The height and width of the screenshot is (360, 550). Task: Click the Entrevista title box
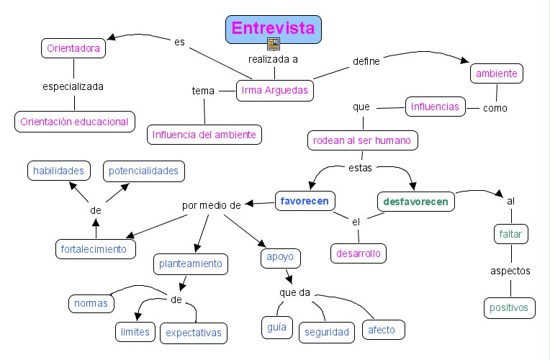(x=273, y=29)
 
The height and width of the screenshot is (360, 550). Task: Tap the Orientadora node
(x=73, y=48)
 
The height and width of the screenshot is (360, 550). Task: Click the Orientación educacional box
(x=75, y=121)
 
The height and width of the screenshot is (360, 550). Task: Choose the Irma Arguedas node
(x=275, y=91)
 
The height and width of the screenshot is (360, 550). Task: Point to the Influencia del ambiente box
(x=204, y=134)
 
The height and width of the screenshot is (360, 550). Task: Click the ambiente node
(x=496, y=73)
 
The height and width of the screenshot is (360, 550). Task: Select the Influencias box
(x=435, y=107)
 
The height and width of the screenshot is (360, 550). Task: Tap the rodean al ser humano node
(x=363, y=140)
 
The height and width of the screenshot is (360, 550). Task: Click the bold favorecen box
(x=305, y=201)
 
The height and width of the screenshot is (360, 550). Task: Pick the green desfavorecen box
(x=415, y=202)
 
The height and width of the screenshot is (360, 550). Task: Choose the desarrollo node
(x=359, y=253)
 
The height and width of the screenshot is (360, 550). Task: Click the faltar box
(x=511, y=234)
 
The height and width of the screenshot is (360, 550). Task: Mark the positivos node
(x=510, y=307)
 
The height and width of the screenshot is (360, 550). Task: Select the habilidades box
(x=59, y=171)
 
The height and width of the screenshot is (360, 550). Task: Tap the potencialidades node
(x=144, y=171)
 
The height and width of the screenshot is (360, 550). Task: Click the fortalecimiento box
(x=96, y=249)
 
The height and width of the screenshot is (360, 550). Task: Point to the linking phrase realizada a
(x=273, y=59)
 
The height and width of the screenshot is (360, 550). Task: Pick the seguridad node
(x=326, y=332)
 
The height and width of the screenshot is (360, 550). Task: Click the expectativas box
(x=194, y=333)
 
